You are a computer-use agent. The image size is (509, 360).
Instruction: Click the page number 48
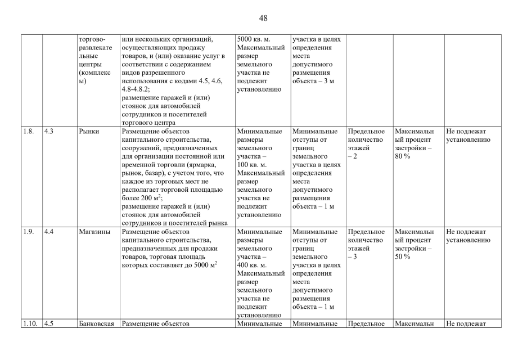[x=263, y=18]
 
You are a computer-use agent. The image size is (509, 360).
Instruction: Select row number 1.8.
[x=29, y=132]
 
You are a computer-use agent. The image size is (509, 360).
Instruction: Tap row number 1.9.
[x=29, y=232]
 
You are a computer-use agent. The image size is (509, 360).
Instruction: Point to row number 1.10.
[x=30, y=323]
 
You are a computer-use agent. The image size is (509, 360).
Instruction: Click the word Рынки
[x=89, y=132]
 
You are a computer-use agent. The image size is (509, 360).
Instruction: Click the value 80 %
[x=403, y=156]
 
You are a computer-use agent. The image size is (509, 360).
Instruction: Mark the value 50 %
[x=403, y=256]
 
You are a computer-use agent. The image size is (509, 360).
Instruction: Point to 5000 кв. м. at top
[x=256, y=40]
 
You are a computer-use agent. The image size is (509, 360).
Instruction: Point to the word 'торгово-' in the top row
[x=93, y=40]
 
